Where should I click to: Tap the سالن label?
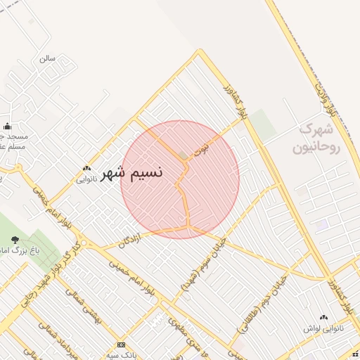point(47,58)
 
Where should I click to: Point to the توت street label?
point(202,149)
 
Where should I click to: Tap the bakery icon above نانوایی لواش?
point(323,318)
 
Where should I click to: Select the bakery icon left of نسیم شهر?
point(86,169)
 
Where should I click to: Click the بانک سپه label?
point(122,356)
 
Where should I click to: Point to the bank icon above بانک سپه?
point(122,345)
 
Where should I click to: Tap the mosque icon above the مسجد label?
point(8,127)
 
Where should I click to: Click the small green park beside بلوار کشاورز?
point(264,124)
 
